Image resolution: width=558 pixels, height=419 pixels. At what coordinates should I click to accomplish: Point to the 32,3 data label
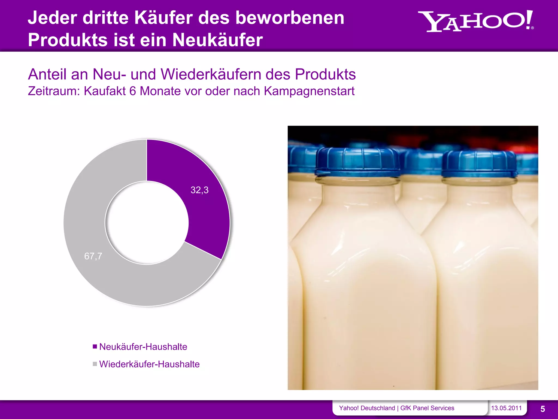[199, 190]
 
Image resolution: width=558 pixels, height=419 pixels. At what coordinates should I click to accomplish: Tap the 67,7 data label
[93, 256]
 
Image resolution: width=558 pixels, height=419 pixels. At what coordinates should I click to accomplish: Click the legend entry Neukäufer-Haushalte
[143, 347]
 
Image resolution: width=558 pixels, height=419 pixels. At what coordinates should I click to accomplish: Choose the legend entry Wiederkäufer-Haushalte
[149, 364]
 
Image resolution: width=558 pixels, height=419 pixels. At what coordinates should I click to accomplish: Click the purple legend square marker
[95, 347]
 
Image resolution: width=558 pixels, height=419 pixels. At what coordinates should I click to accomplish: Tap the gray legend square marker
[95, 364]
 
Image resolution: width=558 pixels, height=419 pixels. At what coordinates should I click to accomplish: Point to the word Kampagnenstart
[309, 91]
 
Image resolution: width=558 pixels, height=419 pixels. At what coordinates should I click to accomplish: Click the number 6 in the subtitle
[133, 91]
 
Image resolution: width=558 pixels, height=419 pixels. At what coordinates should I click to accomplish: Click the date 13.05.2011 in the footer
[506, 408]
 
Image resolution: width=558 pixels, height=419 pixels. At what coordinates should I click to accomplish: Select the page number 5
[542, 409]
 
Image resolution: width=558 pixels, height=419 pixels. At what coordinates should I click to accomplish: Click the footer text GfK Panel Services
[427, 408]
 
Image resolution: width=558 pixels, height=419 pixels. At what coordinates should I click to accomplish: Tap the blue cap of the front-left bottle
[357, 162]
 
